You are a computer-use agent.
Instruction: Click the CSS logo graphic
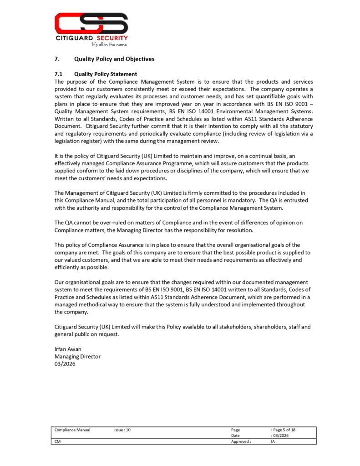tap(91, 23)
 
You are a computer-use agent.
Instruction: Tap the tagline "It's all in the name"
tap(109, 45)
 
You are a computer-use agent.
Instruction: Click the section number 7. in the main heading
tap(57, 59)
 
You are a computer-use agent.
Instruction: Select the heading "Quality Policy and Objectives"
tap(114, 59)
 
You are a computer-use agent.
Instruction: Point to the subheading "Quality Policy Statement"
tap(105, 74)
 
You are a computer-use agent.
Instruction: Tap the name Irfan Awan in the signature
tap(68, 349)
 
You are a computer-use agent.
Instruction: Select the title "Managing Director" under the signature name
tap(77, 356)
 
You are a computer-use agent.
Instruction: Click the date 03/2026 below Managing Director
tap(65, 364)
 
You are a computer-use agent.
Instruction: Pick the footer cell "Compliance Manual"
tap(72, 430)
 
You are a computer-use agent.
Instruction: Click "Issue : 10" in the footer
tap(122, 430)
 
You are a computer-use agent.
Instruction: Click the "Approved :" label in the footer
tap(241, 441)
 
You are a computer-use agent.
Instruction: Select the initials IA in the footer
tap(273, 441)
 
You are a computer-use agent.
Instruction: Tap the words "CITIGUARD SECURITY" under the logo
tap(91, 38)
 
